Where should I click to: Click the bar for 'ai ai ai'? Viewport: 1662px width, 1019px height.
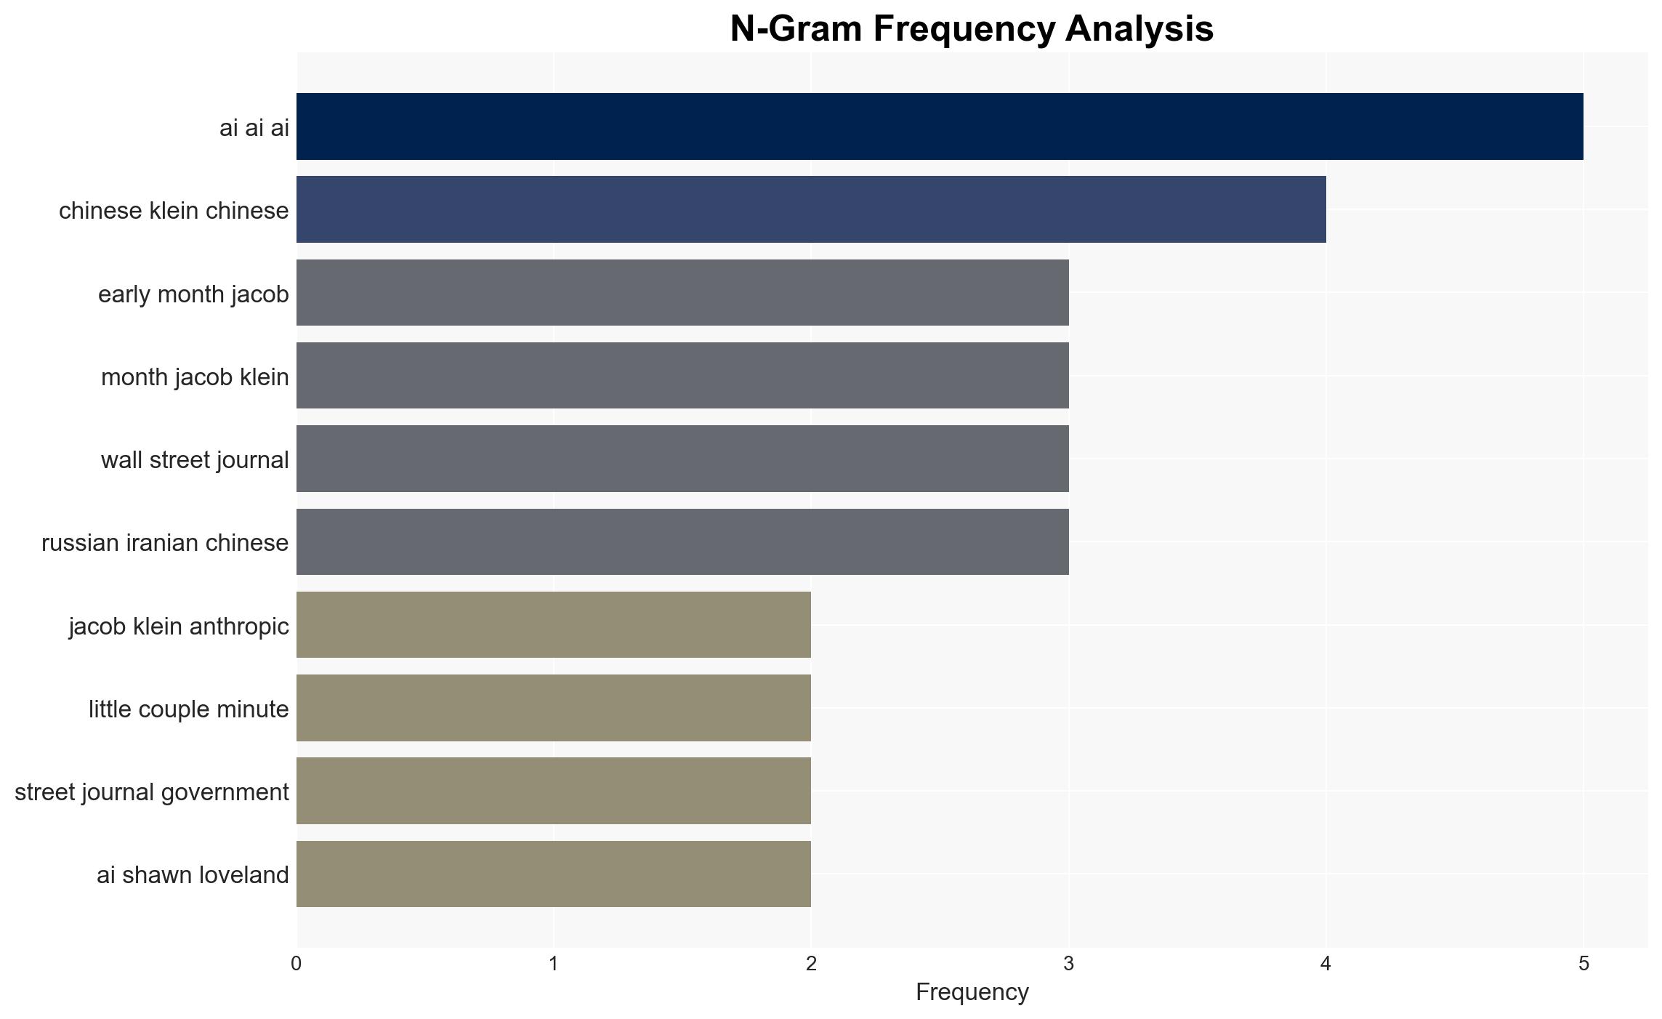940,126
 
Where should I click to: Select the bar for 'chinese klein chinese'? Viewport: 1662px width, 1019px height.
811,209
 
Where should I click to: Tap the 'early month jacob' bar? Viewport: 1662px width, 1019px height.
682,293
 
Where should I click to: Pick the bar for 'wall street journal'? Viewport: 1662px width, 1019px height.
682,459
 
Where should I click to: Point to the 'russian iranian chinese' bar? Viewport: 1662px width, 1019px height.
682,542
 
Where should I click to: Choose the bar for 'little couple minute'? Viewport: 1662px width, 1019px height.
554,708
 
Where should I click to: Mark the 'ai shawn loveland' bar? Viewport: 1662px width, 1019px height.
554,874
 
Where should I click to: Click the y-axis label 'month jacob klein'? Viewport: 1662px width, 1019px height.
195,377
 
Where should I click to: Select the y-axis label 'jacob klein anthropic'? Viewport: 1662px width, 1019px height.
179,626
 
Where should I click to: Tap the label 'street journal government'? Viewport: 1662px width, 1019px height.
152,792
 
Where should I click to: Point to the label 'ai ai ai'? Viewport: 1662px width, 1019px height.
254,128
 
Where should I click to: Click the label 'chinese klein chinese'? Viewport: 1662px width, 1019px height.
174,211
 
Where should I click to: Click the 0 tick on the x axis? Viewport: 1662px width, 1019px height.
297,964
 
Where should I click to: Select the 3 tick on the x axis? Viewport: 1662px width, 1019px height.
1068,964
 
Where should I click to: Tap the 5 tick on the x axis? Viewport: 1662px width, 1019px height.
1584,964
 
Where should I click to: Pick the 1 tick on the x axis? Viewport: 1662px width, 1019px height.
554,964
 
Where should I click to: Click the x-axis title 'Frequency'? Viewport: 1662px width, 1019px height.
972,992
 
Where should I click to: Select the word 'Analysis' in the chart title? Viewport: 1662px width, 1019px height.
1139,30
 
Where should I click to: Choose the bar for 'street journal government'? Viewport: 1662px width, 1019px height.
554,791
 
